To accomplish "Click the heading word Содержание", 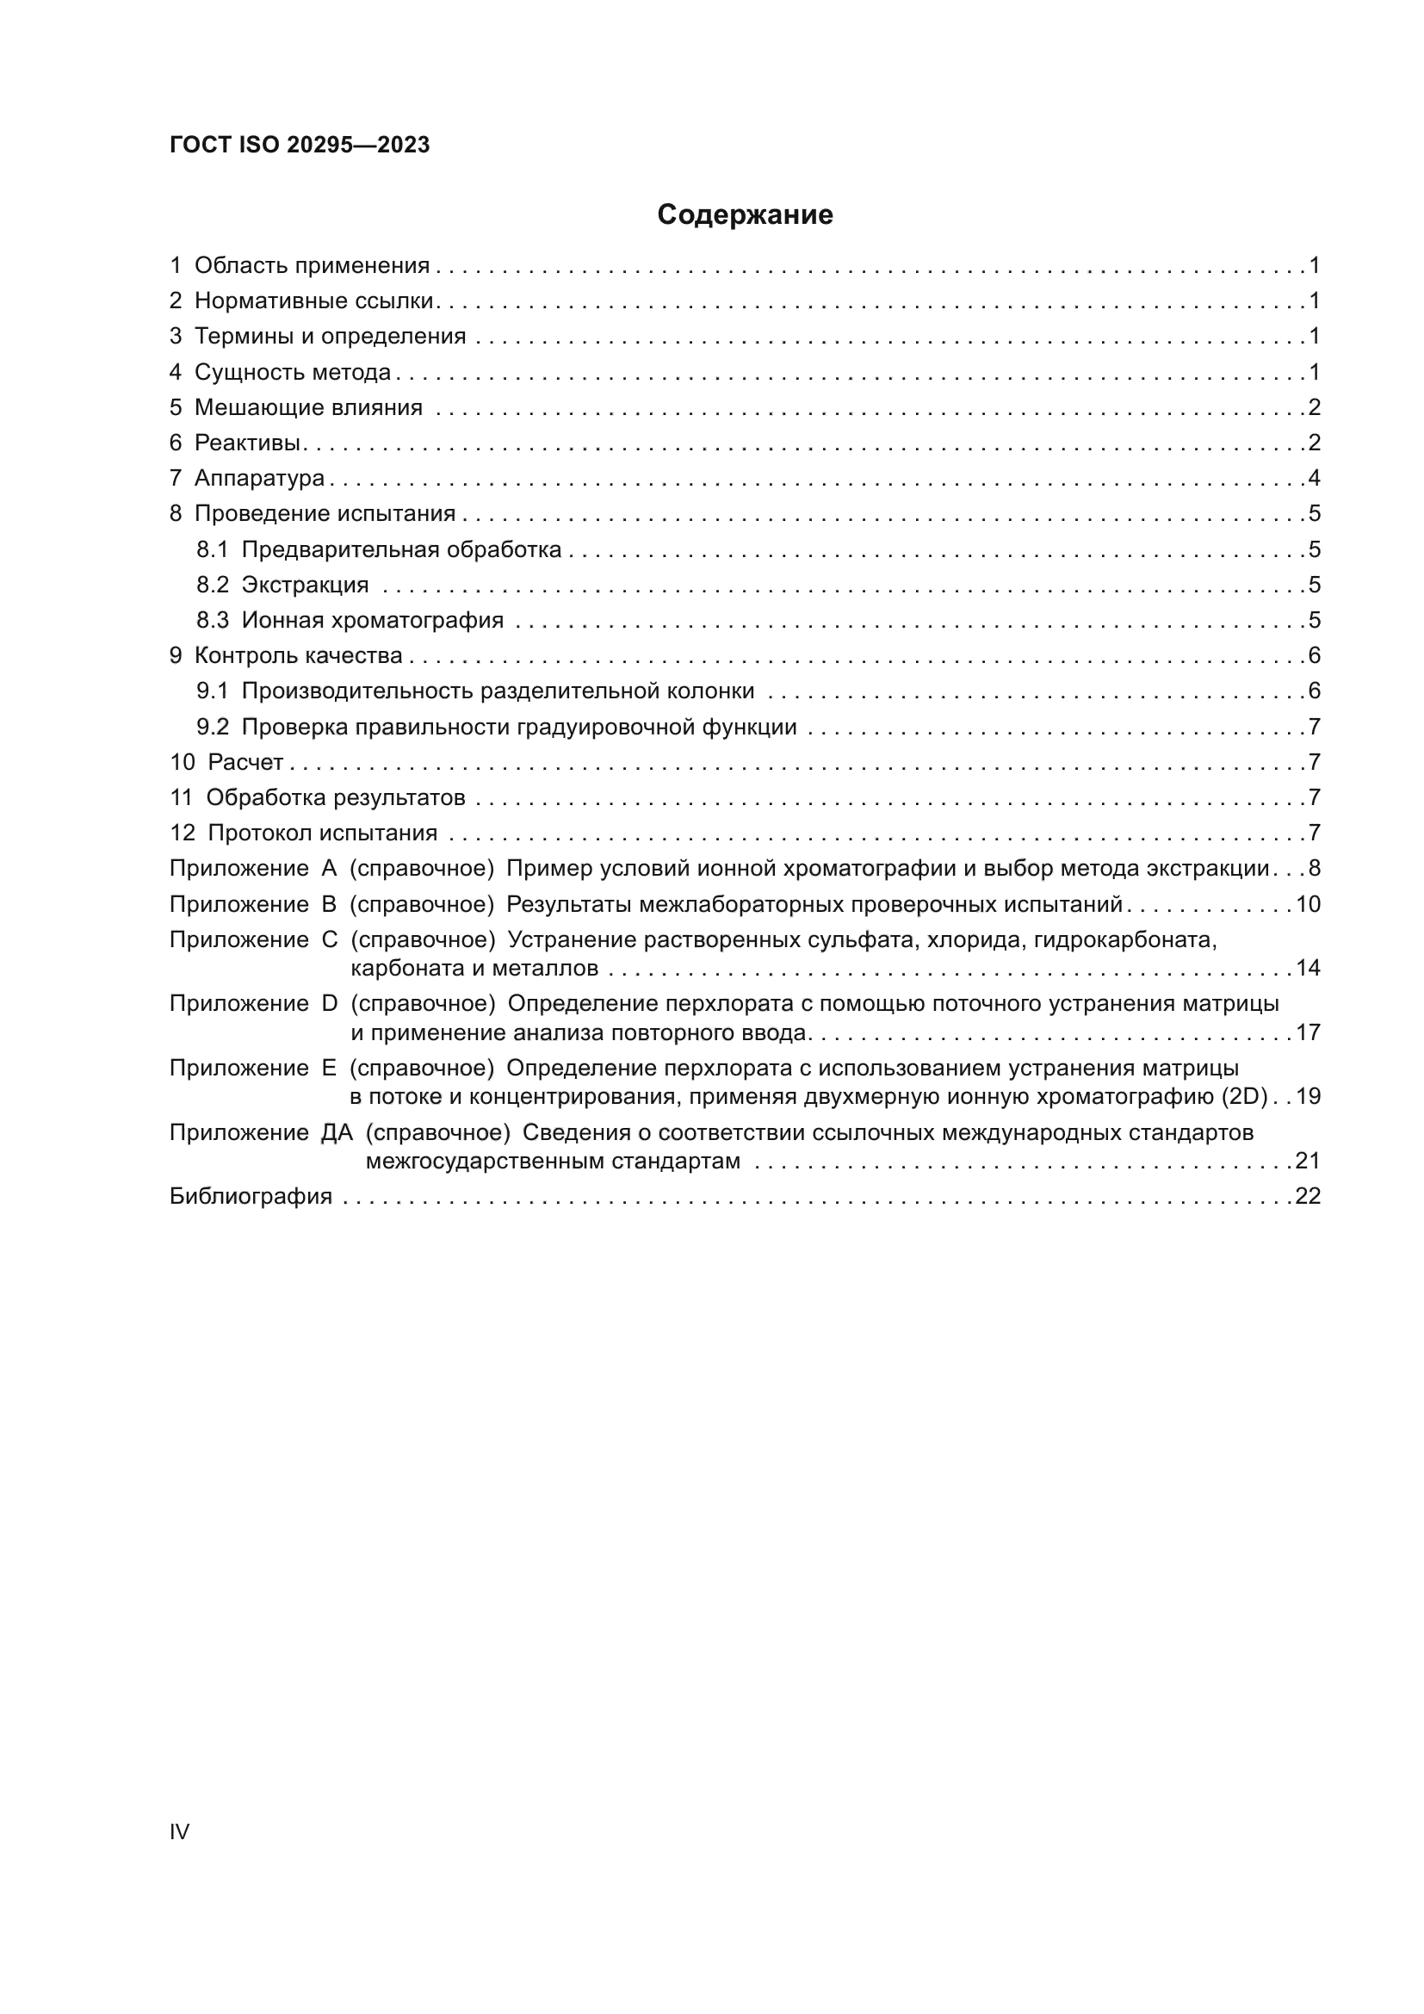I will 745,214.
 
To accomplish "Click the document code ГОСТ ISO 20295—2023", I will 300,146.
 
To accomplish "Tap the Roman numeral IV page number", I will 179,1831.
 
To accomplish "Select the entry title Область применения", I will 312,265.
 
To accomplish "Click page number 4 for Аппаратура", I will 1314,478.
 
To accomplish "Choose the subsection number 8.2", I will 212,584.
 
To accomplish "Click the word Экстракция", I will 304,584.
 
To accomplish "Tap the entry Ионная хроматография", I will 372,620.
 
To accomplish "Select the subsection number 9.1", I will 212,691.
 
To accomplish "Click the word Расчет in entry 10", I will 245,762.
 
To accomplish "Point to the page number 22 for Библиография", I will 1308,1197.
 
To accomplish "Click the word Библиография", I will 251,1197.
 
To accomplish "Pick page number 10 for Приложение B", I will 1308,904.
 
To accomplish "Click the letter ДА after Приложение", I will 337,1132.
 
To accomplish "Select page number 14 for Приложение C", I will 1308,969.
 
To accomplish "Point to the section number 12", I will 183,833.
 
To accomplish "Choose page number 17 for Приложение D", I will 1308,1032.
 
